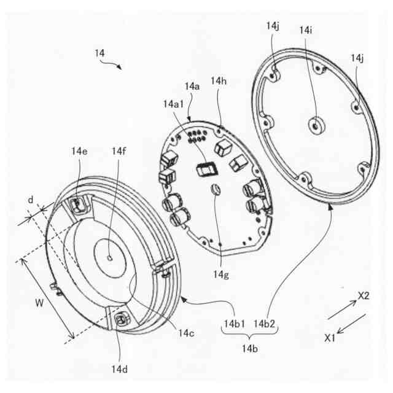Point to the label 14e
[x=79, y=151]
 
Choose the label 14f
[x=119, y=151]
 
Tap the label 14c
[x=187, y=333]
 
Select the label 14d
[x=120, y=368]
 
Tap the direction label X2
[x=364, y=296]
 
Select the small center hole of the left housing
[x=109, y=259]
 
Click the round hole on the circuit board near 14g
[x=216, y=189]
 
